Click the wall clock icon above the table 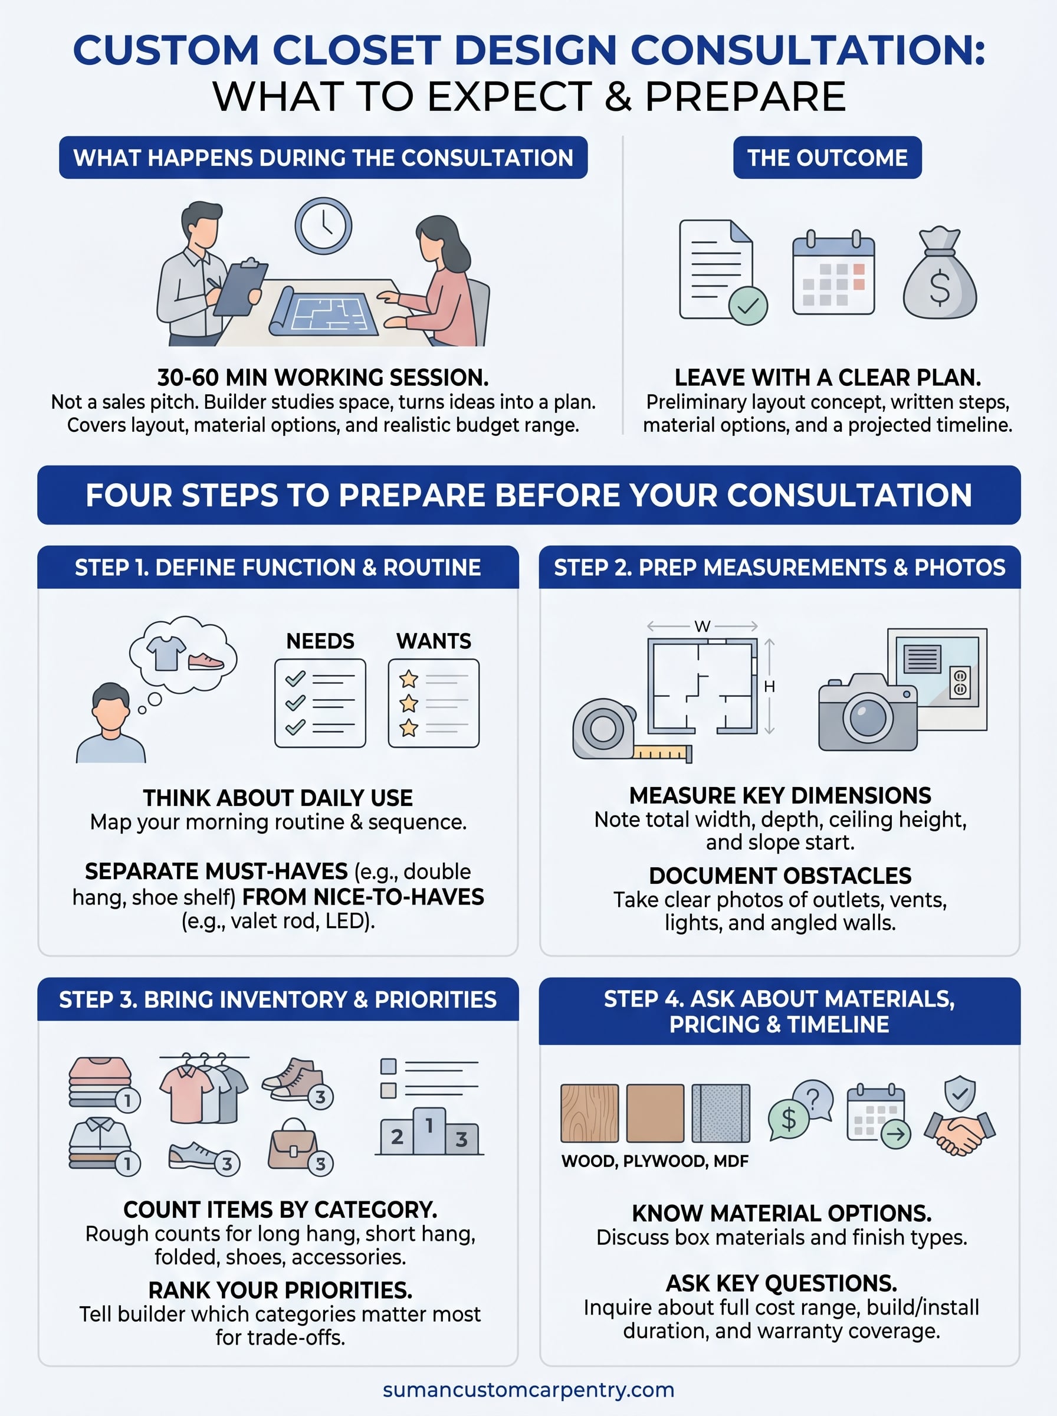point(323,226)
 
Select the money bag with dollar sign point(939,275)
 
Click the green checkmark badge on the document point(747,306)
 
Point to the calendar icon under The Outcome point(833,273)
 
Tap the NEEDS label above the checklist point(320,641)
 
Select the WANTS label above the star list point(433,641)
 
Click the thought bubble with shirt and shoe point(182,654)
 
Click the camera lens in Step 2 point(868,717)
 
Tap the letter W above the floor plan point(702,627)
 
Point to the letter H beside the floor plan point(769,687)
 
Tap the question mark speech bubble point(813,1099)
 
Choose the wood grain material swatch point(589,1113)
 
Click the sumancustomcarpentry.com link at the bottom point(528,1390)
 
